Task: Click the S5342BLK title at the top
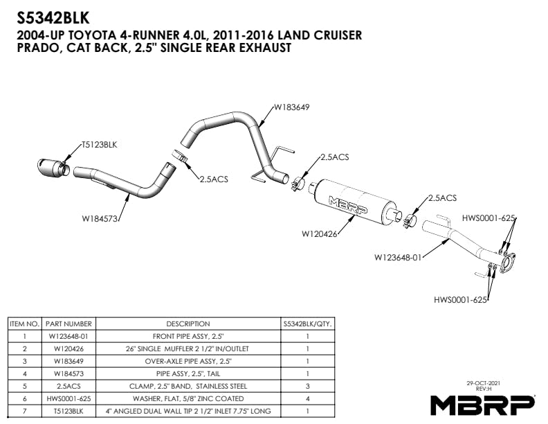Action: point(55,15)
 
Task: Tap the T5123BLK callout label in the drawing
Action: point(99,145)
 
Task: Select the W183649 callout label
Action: point(291,107)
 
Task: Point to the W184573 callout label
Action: point(100,219)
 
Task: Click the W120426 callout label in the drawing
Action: point(319,233)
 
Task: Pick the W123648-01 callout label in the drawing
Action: point(397,257)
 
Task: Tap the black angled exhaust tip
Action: point(53,166)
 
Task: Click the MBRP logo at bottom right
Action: point(482,403)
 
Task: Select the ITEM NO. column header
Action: point(24,324)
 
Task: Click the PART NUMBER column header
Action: point(68,324)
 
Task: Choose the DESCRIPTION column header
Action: point(188,324)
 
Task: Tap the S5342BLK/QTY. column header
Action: point(308,324)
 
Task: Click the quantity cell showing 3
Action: point(308,386)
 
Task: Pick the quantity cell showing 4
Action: point(308,398)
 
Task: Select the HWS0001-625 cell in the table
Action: point(68,398)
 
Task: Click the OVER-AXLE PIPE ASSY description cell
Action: point(188,361)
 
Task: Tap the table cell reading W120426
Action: point(68,348)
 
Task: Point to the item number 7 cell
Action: point(24,411)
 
